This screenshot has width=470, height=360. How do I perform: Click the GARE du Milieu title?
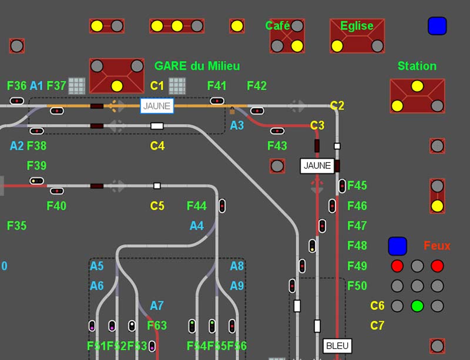point(197,66)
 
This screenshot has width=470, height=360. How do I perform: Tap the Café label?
point(277,26)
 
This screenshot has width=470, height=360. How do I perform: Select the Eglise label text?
point(357,26)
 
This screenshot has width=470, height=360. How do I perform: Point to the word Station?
point(417,66)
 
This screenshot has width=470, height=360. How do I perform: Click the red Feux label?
point(437,245)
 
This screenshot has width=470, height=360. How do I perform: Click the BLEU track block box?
point(337,345)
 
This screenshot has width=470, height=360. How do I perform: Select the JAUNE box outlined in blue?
point(157,106)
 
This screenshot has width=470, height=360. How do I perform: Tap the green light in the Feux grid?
point(417,306)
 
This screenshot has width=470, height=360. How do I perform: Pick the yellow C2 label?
point(337,106)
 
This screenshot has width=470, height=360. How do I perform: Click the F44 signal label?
point(197,206)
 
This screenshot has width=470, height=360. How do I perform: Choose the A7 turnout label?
point(157,305)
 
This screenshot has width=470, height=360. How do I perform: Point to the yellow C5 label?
point(157,206)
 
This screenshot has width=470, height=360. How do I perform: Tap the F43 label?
point(277,146)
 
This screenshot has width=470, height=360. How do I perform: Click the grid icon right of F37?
point(77,86)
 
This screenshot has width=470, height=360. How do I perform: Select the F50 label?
point(357,286)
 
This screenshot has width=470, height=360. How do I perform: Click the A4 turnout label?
point(197,226)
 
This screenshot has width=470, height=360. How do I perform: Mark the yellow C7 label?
point(377,325)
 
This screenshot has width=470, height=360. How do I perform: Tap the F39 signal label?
point(36,166)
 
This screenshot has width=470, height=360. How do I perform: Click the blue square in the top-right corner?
point(437,26)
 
